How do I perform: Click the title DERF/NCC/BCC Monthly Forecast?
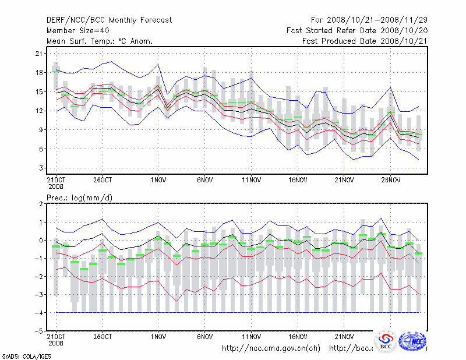[x=109, y=20]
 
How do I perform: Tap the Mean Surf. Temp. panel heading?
[x=100, y=41]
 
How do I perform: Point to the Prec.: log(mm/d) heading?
[x=79, y=198]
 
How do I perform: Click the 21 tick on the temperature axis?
[x=40, y=54]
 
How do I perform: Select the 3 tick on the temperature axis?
[x=41, y=168]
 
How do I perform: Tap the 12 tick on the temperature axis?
[x=40, y=111]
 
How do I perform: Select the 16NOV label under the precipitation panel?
[x=298, y=336]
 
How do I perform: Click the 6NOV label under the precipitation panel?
[x=204, y=336]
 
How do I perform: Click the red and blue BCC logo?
[x=386, y=341]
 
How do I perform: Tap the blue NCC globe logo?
[x=415, y=341]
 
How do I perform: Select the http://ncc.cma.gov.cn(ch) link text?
[x=271, y=348]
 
